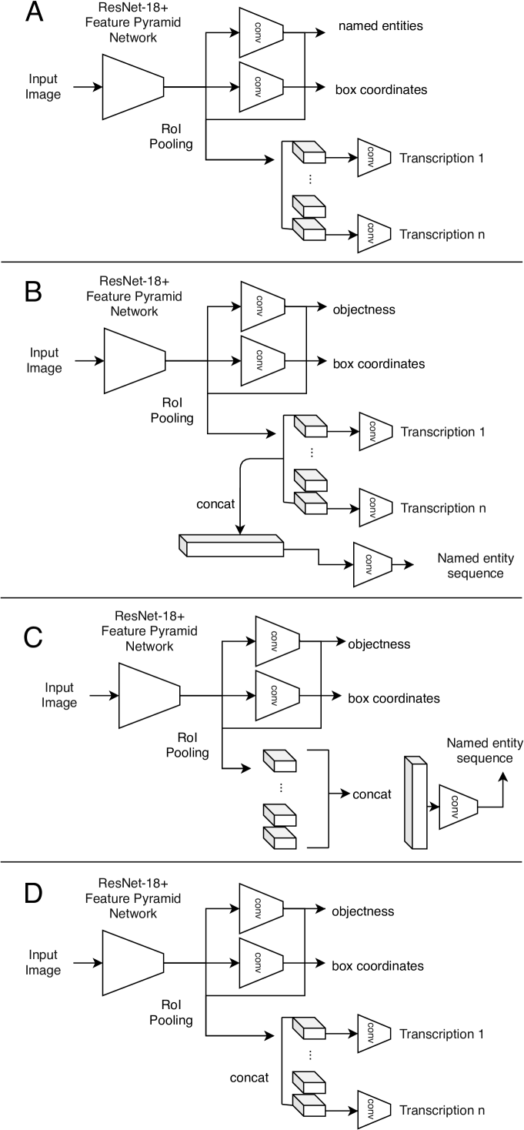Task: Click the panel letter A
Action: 35,15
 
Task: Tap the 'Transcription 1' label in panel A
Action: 442,159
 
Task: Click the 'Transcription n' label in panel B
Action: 442,508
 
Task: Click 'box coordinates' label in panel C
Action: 393,698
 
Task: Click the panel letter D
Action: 35,895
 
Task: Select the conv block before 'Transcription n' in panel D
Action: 369,1110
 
